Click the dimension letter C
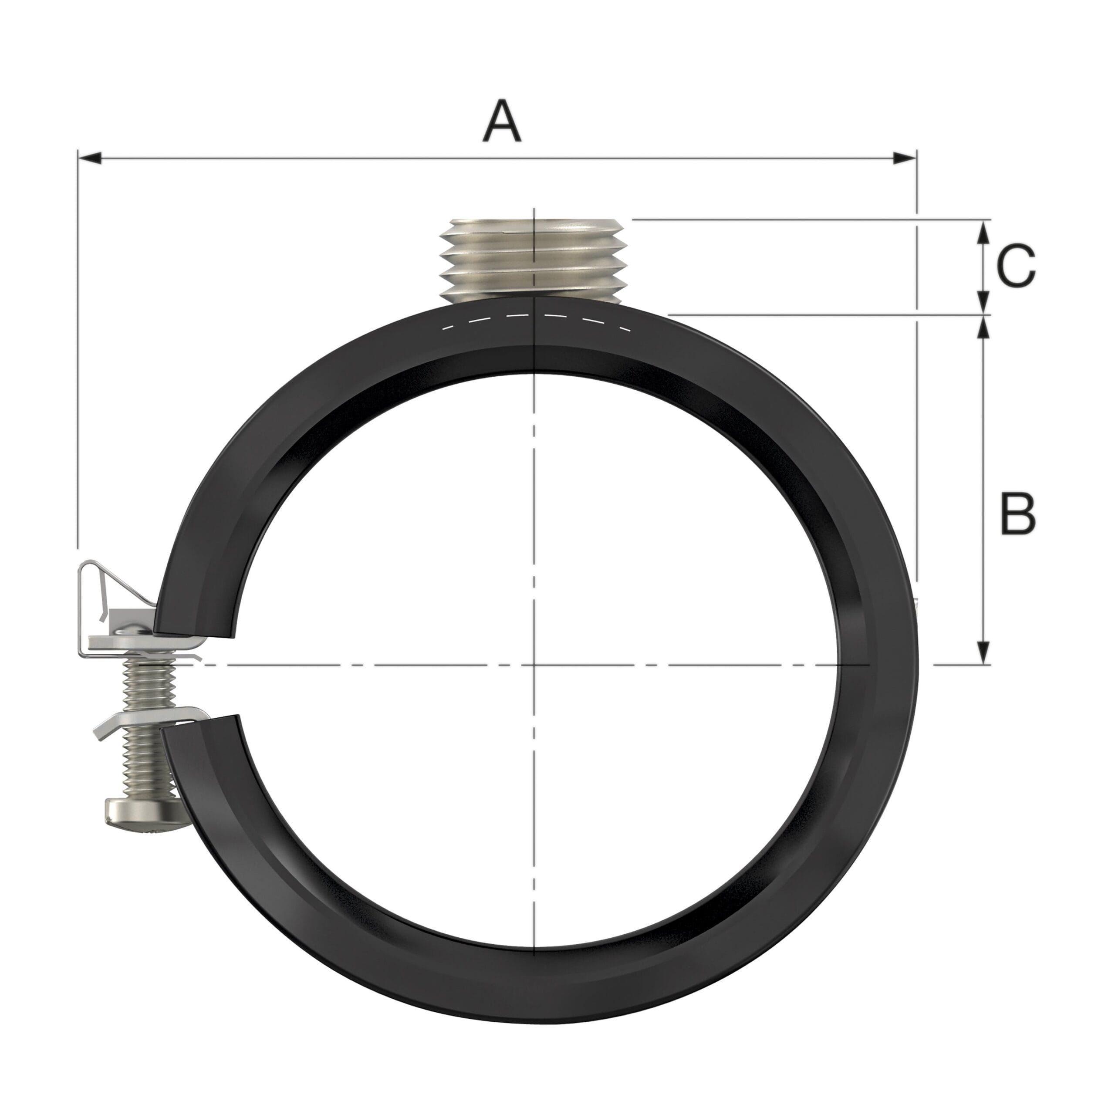pos(1016,266)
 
